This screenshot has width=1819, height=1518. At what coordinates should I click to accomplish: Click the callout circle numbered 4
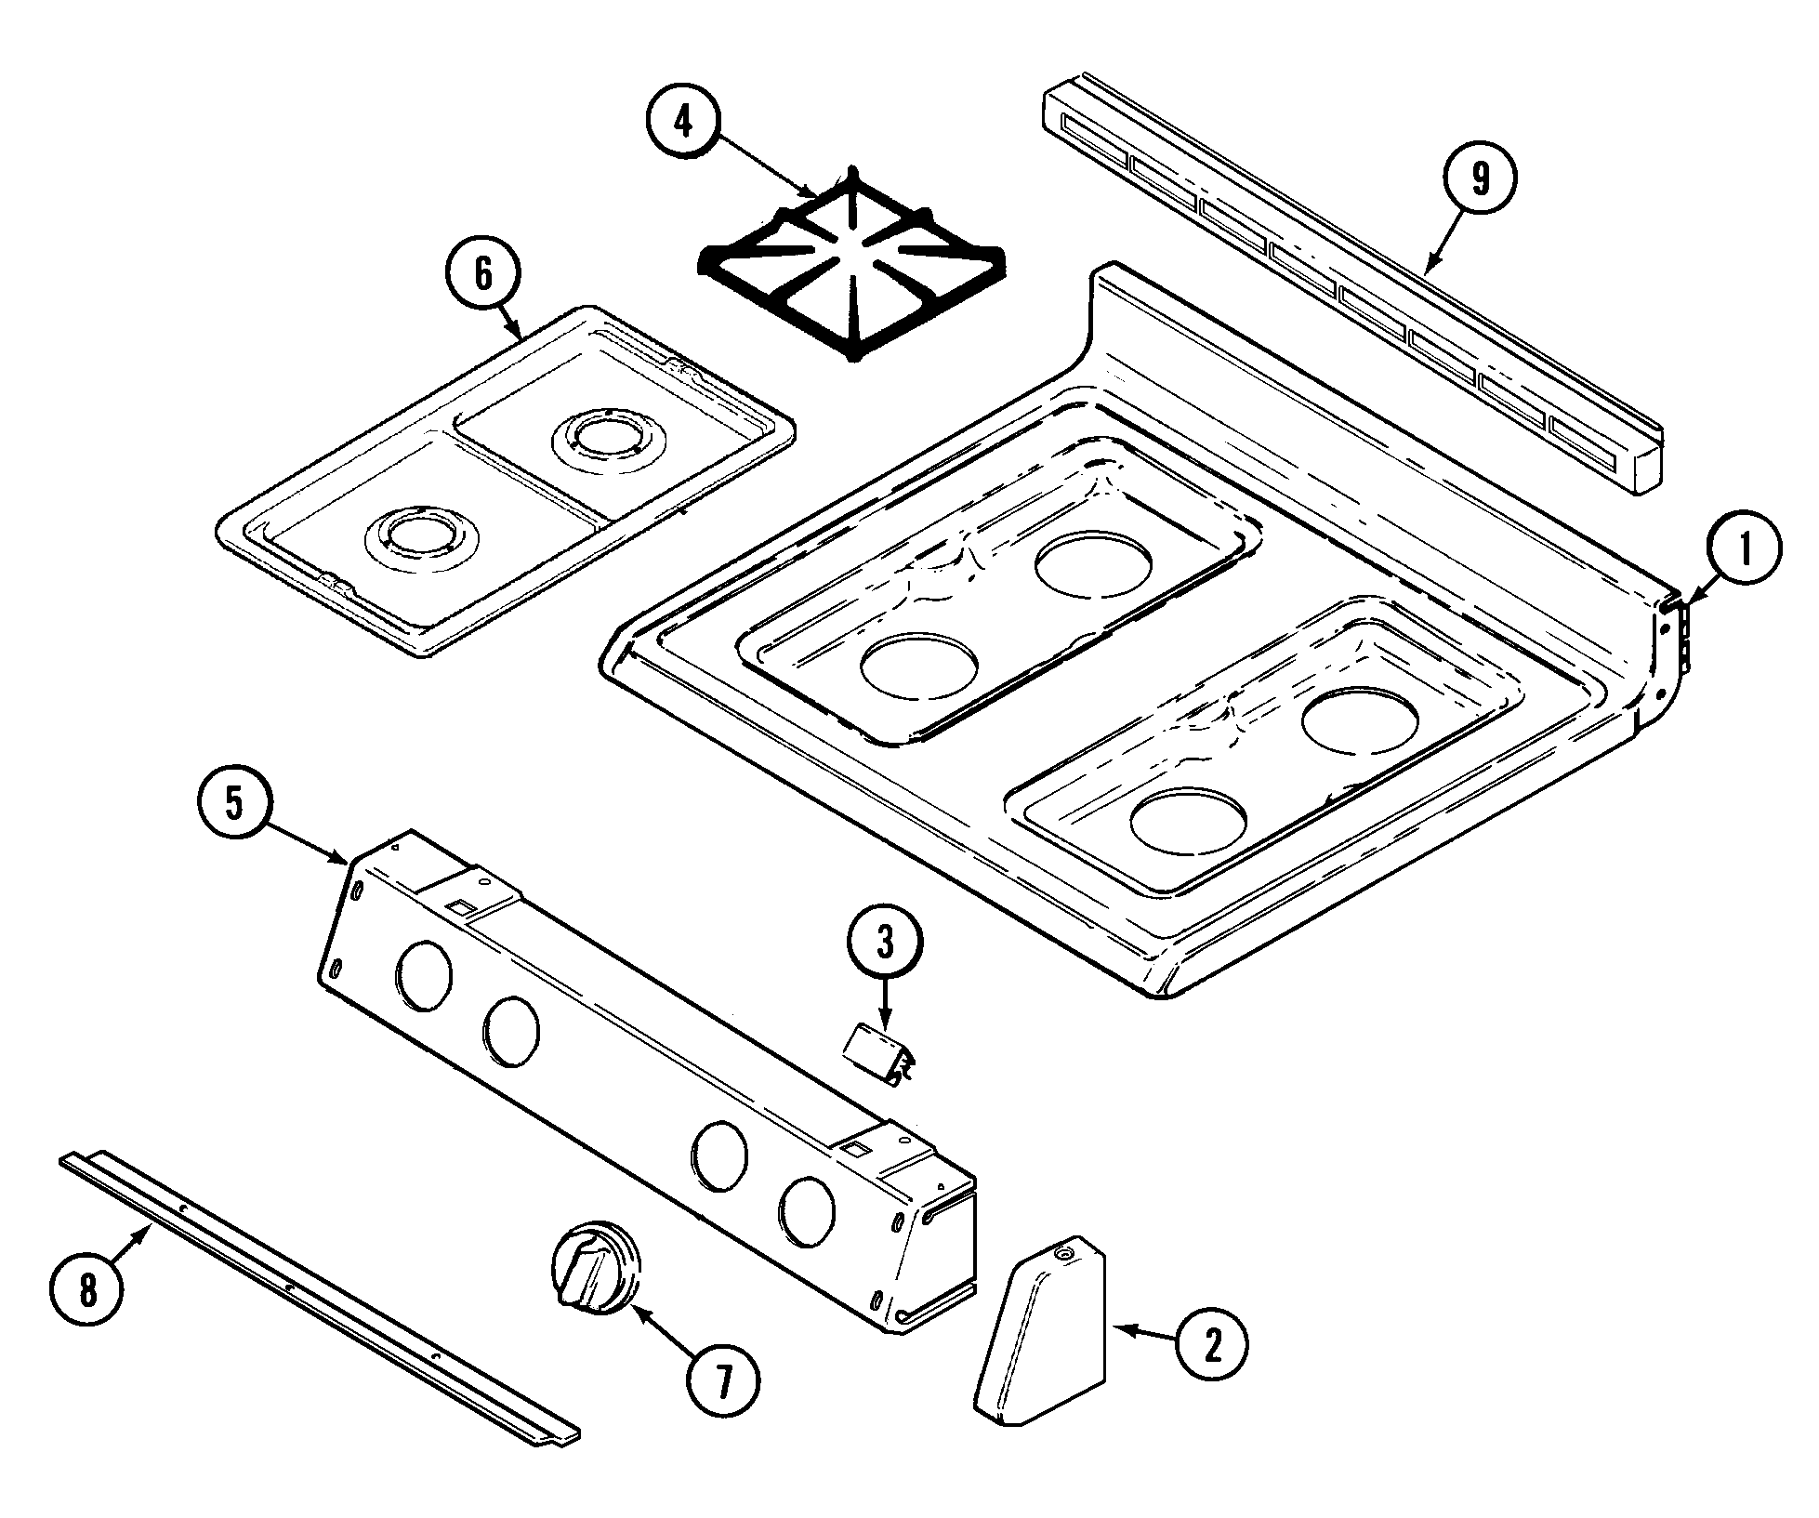click(x=683, y=122)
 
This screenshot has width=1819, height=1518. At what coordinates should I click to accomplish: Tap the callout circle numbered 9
click(x=1480, y=179)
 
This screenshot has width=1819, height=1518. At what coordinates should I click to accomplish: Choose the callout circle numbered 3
click(x=885, y=944)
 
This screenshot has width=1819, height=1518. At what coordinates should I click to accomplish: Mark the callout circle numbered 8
click(x=86, y=1292)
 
